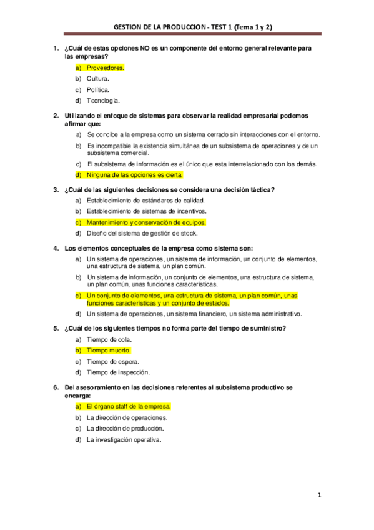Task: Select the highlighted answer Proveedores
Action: click(105, 67)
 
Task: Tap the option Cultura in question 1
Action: click(98, 79)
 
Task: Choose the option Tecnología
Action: click(103, 100)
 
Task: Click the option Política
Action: click(98, 89)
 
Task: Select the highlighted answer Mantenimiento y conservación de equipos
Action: click(145, 222)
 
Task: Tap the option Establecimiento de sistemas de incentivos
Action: click(147, 211)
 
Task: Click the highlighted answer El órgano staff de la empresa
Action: click(128, 406)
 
